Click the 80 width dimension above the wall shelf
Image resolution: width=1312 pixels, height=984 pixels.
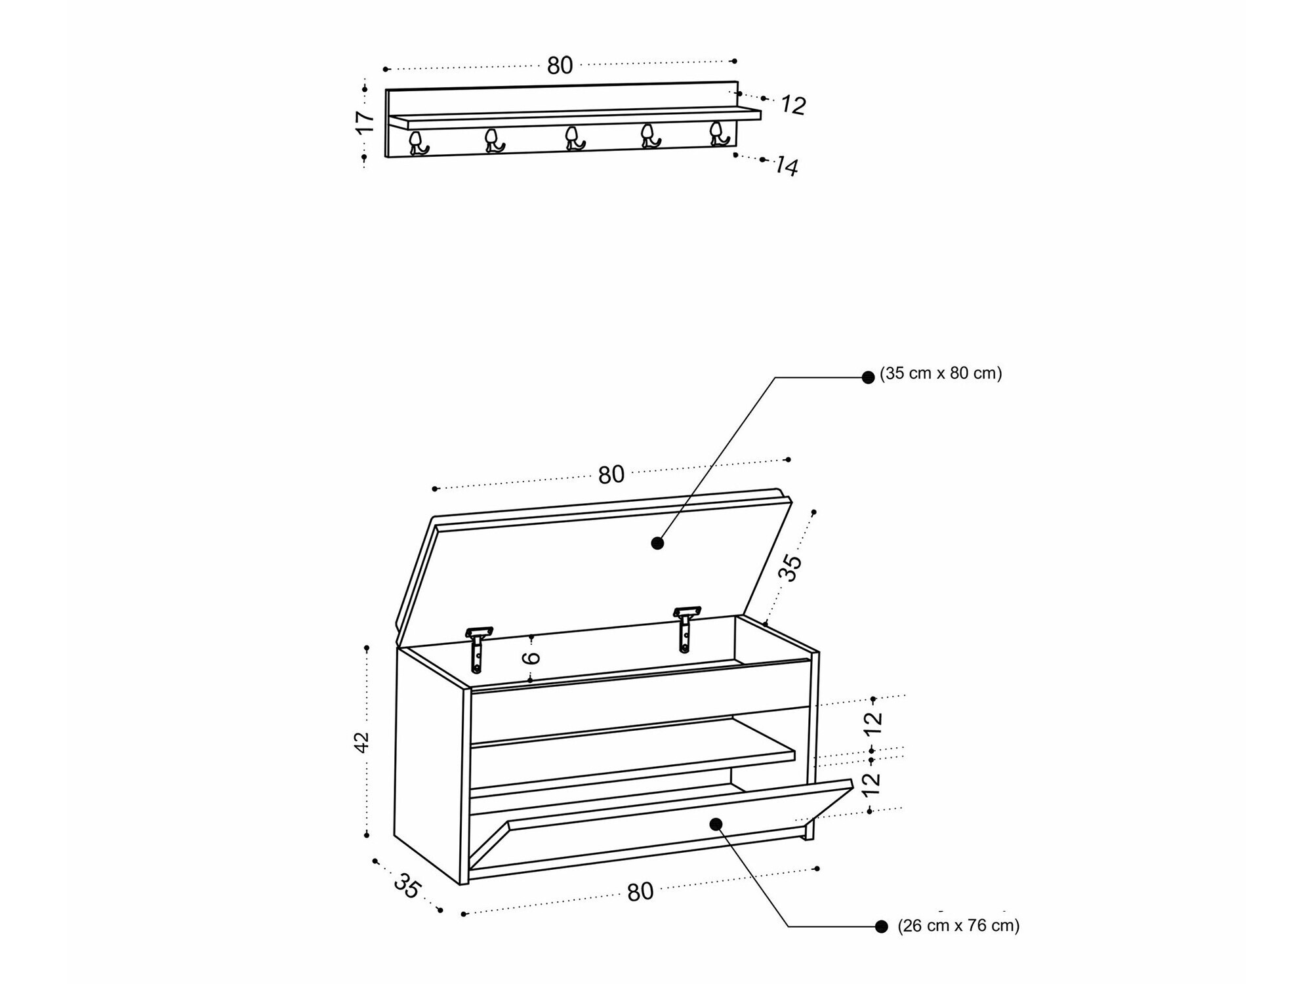click(560, 66)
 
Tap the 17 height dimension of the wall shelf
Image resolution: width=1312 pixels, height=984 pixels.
click(365, 123)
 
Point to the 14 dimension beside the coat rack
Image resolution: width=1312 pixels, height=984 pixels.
click(786, 166)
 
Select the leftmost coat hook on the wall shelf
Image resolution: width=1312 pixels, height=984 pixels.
click(418, 143)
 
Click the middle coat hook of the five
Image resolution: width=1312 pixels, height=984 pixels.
click(575, 138)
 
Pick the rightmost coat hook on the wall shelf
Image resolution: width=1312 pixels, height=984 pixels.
click(718, 133)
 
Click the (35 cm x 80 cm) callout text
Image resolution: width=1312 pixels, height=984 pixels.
click(941, 374)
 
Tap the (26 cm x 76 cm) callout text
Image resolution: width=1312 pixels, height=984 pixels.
click(958, 926)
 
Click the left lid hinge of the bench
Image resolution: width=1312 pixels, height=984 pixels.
click(478, 649)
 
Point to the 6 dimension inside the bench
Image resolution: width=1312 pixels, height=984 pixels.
click(533, 657)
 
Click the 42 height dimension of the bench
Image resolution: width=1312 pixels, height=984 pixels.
click(362, 742)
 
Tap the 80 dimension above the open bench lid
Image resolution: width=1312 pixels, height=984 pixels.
click(611, 475)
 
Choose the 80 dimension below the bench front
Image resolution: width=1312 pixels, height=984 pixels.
click(640, 892)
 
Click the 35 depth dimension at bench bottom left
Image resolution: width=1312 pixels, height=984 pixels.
click(407, 888)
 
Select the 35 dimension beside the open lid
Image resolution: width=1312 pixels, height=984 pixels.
click(790, 568)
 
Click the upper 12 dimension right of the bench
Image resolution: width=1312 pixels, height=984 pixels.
click(873, 722)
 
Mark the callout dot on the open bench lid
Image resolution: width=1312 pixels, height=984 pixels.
click(657, 543)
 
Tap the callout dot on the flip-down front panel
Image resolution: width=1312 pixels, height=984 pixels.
click(716, 824)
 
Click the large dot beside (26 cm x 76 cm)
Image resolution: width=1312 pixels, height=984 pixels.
click(882, 926)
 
